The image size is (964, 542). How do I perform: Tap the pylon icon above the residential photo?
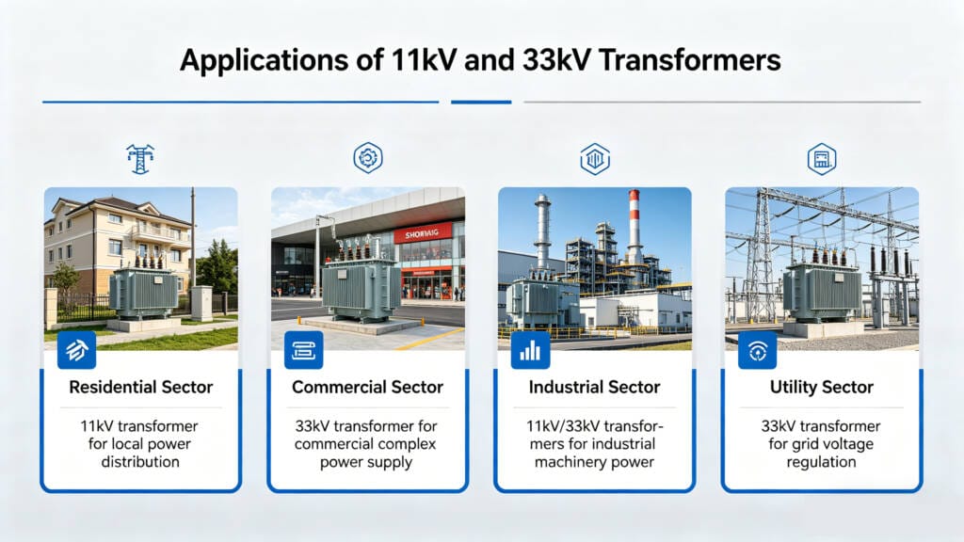coord(140,158)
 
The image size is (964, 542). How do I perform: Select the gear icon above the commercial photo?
coord(367,158)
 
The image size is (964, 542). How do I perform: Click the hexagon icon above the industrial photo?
coord(594,158)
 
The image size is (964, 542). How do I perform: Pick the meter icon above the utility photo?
coord(822,158)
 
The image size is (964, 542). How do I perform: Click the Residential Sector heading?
coord(141,387)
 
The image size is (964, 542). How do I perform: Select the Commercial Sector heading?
coord(367,387)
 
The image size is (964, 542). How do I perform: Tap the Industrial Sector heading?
coord(594,387)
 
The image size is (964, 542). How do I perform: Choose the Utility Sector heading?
coord(822,387)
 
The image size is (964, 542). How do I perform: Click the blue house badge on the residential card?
coord(76,350)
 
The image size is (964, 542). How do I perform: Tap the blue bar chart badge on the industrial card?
coord(530,350)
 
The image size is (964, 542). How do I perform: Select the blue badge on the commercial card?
coord(303,350)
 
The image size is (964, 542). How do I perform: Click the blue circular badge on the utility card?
coord(757,350)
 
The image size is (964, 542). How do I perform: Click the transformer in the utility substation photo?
coord(821,289)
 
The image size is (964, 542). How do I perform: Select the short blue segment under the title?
coord(481,102)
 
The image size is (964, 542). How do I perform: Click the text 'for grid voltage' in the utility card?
coord(822,444)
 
